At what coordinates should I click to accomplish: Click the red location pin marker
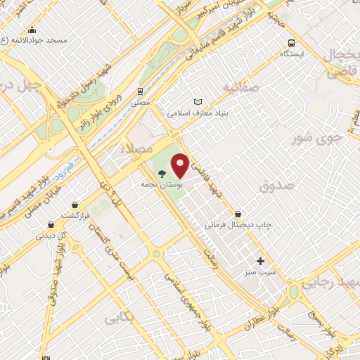181,165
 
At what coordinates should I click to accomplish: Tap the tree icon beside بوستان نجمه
162,172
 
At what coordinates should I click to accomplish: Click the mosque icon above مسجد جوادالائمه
32,30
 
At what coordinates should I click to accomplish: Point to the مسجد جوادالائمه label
34,40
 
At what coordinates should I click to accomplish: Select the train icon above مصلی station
141,91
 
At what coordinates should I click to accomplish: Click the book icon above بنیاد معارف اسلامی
197,101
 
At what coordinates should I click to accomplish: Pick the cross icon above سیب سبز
260,260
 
